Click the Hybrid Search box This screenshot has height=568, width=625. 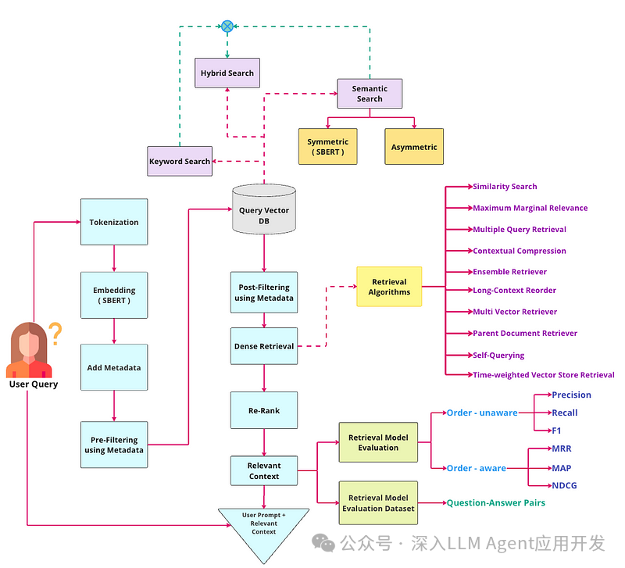point(227,73)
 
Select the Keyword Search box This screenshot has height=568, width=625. point(180,162)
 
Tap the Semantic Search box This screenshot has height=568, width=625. point(370,94)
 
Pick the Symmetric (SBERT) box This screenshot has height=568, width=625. point(327,146)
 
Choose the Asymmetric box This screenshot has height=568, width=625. point(414,146)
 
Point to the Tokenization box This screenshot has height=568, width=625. point(114,222)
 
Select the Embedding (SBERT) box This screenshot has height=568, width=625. point(114,295)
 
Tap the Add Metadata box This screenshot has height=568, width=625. point(114,367)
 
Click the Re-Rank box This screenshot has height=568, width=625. point(264,409)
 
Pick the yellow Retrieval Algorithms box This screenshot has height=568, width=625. point(389,287)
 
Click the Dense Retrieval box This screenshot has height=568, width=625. point(264,345)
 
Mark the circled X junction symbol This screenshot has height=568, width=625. point(227,26)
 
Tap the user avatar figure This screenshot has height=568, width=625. point(30,352)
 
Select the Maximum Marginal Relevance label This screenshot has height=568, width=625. point(530,208)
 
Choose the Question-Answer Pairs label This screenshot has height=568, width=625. point(495,503)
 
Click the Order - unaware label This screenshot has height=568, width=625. point(481,413)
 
